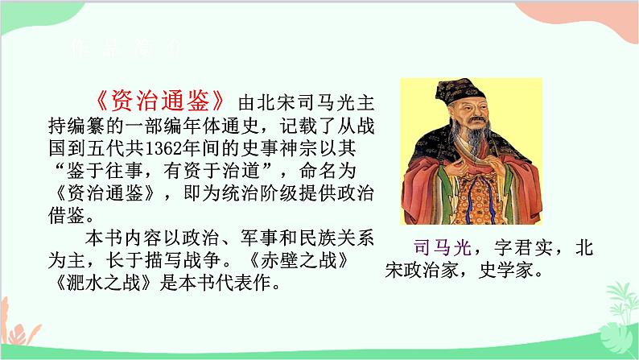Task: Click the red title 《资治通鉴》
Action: click(161, 102)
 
